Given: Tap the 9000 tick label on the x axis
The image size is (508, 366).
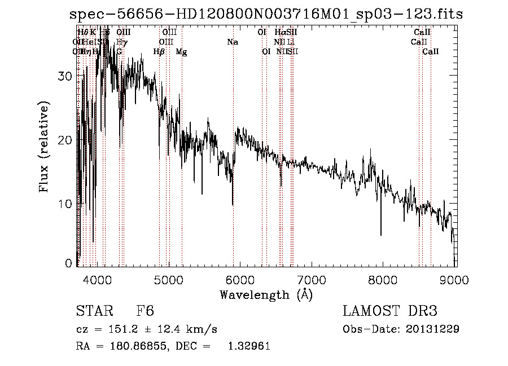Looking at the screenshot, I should point(456,279).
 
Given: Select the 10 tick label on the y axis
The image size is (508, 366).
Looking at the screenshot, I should point(65,204).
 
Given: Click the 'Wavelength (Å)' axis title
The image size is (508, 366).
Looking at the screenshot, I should point(266,294).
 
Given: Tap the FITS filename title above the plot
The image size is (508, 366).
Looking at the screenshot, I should point(265,14).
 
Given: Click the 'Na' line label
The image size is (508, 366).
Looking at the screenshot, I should point(233,42).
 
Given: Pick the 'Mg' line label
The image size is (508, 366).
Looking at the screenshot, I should point(181,51).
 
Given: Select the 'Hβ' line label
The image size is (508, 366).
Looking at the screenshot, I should point(159,51).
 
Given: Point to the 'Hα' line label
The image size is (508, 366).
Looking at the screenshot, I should point(279,32).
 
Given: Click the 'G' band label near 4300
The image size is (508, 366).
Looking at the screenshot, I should point(119,51).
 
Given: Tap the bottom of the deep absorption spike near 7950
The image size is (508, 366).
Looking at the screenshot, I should point(380,235).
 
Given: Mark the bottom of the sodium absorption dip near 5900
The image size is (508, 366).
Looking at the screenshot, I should point(233,204).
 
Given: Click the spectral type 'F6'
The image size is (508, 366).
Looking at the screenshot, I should point(145,311).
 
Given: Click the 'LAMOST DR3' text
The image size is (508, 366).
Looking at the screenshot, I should point(389,311).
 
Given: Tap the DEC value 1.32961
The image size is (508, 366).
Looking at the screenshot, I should point(248,346).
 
